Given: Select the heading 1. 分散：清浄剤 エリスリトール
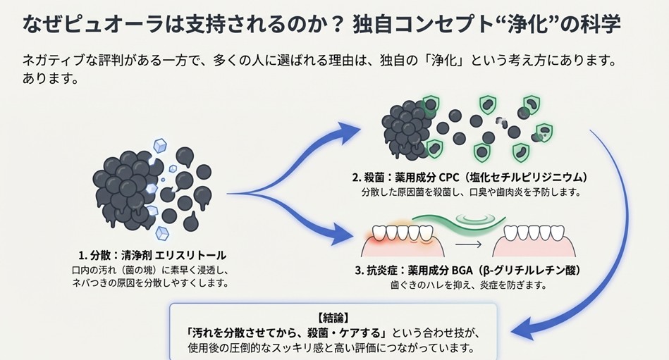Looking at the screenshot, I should click(x=152, y=255).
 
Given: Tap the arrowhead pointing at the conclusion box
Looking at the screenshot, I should click(x=522, y=326).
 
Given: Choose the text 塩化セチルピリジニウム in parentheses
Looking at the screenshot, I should click(x=524, y=177).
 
